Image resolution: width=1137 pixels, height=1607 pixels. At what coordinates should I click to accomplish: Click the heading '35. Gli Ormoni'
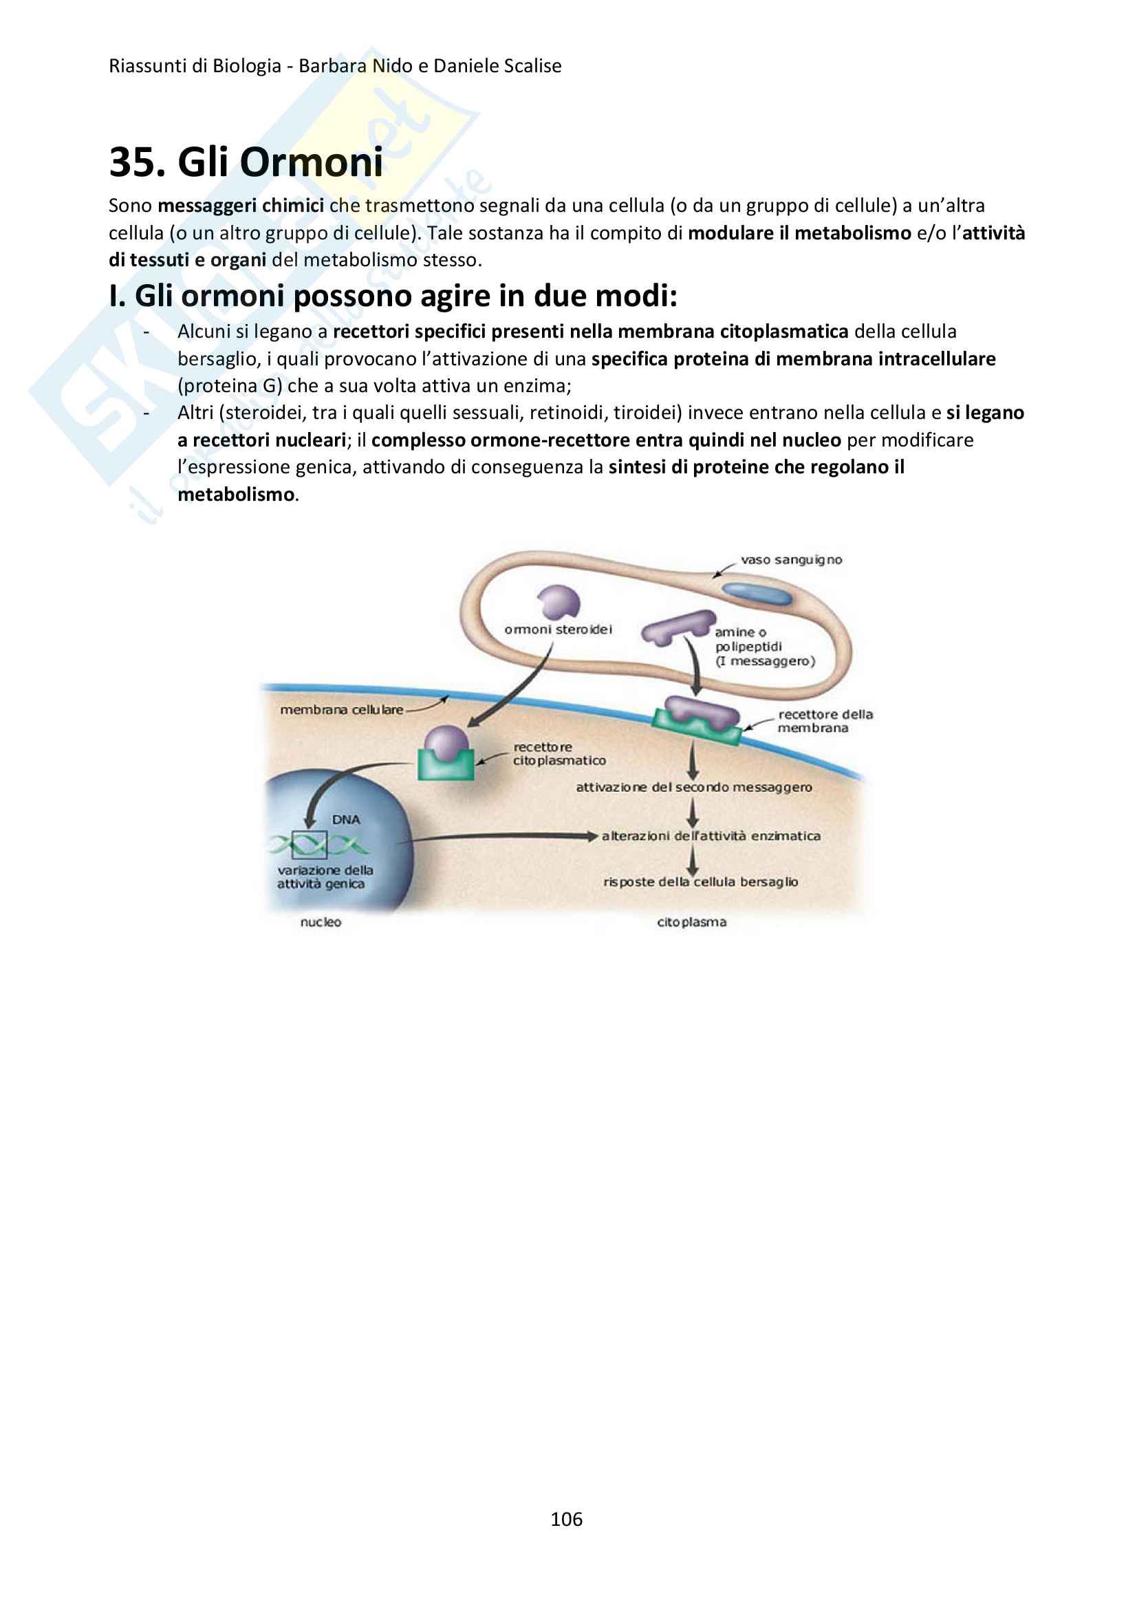click(246, 162)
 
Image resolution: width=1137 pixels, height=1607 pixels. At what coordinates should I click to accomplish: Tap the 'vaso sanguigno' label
click(791, 560)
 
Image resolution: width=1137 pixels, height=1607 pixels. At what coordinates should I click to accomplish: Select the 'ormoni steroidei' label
click(558, 629)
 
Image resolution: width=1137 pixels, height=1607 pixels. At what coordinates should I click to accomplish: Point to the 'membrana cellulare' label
click(341, 709)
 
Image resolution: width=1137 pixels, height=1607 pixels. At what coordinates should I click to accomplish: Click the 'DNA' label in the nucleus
click(346, 819)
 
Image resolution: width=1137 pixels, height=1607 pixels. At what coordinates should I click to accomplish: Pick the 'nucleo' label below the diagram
click(321, 923)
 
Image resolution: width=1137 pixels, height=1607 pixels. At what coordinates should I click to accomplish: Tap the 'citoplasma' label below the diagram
click(692, 923)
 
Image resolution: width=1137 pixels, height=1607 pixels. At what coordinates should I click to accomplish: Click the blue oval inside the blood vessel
click(757, 594)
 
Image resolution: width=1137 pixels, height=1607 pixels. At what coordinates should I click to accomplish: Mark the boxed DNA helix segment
click(310, 845)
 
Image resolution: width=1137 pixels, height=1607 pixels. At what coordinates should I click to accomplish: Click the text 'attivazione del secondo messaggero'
click(694, 787)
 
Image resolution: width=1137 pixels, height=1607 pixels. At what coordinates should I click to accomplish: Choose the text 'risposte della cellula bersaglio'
click(701, 881)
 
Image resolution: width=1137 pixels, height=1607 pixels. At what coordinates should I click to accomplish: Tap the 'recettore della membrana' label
click(824, 721)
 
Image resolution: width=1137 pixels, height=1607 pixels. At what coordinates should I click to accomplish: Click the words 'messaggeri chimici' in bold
click(241, 206)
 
